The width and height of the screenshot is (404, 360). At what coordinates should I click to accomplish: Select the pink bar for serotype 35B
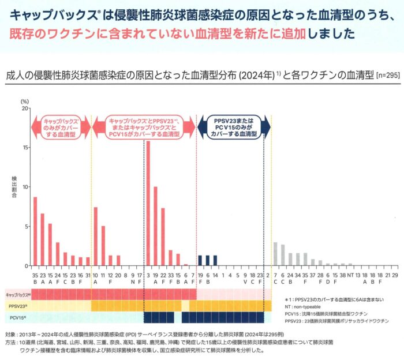point(35,231)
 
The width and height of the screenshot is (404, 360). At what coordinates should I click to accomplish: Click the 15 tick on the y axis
point(25,147)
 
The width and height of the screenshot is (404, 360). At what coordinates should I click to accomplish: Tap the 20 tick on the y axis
point(25,108)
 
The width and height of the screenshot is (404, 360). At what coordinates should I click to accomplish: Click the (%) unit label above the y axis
point(25,100)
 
